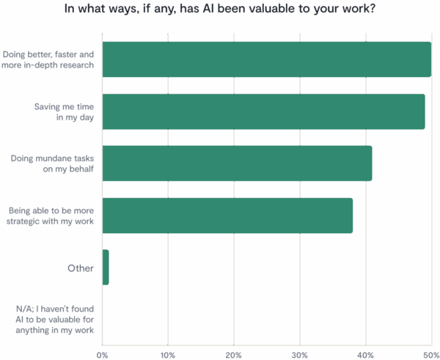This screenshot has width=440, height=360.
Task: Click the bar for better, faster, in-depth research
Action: pyautogui.click(x=266, y=59)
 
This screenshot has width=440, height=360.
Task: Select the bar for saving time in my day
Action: pyautogui.click(x=263, y=111)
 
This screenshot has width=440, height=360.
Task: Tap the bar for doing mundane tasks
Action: pyautogui.click(x=237, y=164)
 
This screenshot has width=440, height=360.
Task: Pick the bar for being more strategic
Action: pyautogui.click(x=227, y=216)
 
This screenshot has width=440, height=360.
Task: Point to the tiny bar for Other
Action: pyautogui.click(x=106, y=268)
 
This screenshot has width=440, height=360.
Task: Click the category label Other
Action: pyautogui.click(x=81, y=268)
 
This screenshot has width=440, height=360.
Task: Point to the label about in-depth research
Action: pyautogui.click(x=49, y=59)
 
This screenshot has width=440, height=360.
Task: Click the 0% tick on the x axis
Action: pyautogui.click(x=103, y=354)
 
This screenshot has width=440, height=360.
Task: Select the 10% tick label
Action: pyautogui.click(x=168, y=354)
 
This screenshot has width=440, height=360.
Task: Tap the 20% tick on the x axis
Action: pyautogui.click(x=233, y=354)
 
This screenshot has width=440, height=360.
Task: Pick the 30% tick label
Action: pyautogui.click(x=299, y=354)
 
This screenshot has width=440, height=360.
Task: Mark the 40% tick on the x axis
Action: pyautogui.click(x=365, y=354)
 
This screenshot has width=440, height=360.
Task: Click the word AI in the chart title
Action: pyautogui.click(x=224, y=10)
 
